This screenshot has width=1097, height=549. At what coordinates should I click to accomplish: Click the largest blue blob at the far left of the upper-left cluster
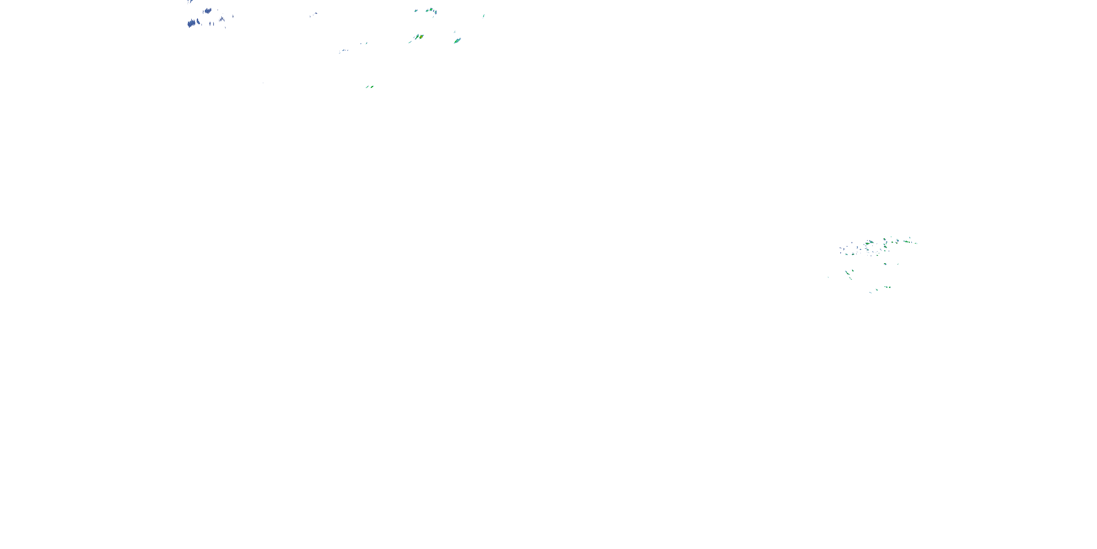click(x=192, y=23)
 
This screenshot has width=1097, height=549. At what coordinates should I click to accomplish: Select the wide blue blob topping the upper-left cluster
click(x=207, y=11)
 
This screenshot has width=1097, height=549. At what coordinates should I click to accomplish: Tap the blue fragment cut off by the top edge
click(x=190, y=1)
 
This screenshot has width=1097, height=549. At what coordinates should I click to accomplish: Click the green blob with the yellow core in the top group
click(x=420, y=37)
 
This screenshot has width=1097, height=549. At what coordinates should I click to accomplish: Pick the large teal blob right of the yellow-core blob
click(x=457, y=41)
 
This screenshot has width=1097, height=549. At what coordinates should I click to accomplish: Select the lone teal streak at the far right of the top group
click(x=483, y=16)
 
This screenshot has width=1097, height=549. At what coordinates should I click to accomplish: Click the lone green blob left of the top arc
click(x=416, y=10)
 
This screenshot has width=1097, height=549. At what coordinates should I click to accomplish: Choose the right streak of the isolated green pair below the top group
click(x=372, y=86)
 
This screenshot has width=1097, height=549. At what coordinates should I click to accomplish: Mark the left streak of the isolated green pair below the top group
click(x=367, y=87)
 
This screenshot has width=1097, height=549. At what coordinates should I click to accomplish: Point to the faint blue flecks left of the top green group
click(x=343, y=51)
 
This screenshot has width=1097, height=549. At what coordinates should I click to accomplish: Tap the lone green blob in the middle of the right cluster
click(x=885, y=264)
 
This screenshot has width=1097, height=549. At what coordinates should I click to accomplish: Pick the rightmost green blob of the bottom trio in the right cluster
click(x=889, y=287)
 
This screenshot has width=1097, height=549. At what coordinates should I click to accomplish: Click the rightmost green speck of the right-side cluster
click(x=916, y=243)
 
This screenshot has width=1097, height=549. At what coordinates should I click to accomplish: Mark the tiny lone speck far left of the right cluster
click(x=828, y=277)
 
